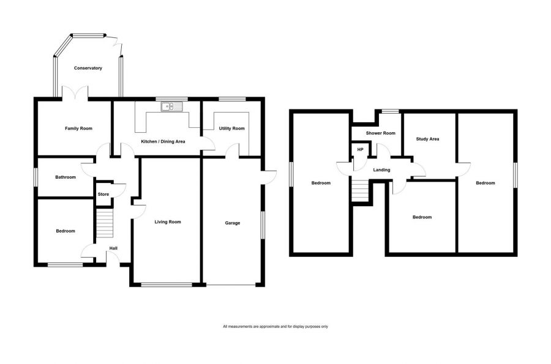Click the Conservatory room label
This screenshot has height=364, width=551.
pos(88,68)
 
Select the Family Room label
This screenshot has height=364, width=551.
pos(78,128)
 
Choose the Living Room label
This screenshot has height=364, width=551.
pos(167,221)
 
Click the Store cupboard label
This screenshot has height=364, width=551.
pos(103,195)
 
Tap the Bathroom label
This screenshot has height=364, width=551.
pos(66,177)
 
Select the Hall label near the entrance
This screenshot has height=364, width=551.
pos(113,248)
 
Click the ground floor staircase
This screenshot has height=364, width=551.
pos(105,223)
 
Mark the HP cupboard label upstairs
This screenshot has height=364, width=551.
pos(360,150)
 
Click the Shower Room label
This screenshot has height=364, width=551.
pos(380,133)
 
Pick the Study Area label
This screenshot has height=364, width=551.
pos(427,139)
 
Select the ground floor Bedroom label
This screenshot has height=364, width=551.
pos(66,231)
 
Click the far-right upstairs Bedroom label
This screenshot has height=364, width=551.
pos(485,183)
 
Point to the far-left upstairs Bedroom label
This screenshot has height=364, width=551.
pos(321,183)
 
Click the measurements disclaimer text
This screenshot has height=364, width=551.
pos(275,326)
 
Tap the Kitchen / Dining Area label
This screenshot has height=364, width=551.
pos(163,141)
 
